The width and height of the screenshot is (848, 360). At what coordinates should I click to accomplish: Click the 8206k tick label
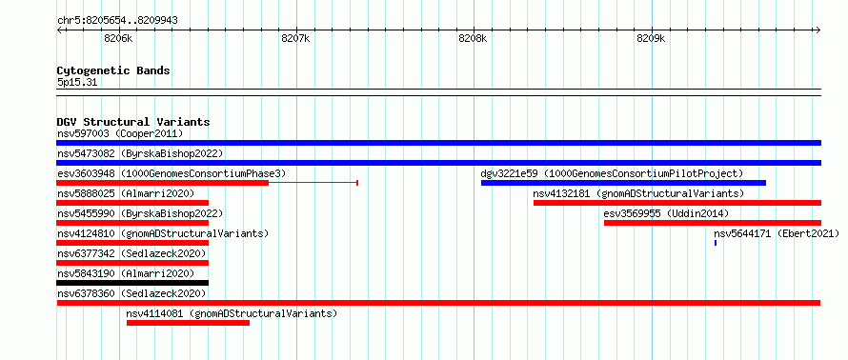click(118, 39)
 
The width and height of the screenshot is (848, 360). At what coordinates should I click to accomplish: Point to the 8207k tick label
click(295, 39)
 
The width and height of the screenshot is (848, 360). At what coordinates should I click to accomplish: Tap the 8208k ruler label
click(473, 39)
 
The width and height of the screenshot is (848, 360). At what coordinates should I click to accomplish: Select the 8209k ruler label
click(651, 39)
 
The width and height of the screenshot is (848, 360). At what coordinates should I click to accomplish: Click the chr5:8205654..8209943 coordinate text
click(117, 21)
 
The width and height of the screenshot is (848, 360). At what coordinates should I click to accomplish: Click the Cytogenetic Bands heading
click(113, 70)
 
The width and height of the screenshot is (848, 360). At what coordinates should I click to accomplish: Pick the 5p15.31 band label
click(77, 83)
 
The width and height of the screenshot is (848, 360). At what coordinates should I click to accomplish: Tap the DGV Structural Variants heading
click(133, 122)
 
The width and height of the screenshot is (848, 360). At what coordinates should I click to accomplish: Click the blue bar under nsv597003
click(438, 143)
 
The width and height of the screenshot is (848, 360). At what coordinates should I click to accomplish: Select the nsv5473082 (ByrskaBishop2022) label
click(139, 153)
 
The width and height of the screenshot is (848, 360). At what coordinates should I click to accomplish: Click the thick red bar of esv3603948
click(162, 183)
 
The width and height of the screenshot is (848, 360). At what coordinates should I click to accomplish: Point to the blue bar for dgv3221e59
click(623, 183)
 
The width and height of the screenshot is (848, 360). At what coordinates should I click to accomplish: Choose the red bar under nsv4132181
click(677, 203)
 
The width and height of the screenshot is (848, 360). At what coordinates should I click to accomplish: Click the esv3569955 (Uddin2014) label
click(666, 213)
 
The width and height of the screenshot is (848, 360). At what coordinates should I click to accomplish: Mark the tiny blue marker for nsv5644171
click(716, 243)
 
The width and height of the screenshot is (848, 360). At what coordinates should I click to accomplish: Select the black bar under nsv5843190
click(132, 283)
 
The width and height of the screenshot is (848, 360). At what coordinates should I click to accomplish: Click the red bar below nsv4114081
click(189, 323)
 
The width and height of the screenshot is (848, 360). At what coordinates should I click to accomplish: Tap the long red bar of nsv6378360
click(438, 303)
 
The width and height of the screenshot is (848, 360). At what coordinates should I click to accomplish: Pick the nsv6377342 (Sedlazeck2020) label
click(131, 253)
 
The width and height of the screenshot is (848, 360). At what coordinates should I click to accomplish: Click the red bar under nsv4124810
click(132, 243)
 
